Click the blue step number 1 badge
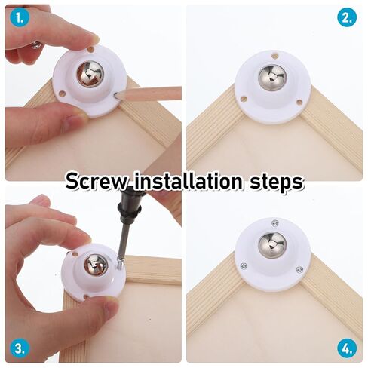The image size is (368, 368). [20, 17]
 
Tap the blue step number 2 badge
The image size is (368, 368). [347, 17]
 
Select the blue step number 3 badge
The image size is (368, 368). [20, 348]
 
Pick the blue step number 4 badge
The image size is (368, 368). [347, 348]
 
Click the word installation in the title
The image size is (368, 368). [189, 180]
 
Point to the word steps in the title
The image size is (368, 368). [277, 182]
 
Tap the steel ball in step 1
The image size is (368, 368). [90, 74]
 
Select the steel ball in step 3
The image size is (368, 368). [96, 266]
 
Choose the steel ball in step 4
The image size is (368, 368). [272, 245]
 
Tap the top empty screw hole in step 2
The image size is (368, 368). [275, 55]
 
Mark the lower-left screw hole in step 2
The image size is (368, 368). [244, 98]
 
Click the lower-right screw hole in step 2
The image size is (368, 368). [299, 103]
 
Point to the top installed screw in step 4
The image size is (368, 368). [275, 223]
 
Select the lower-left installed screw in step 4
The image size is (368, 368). [244, 265]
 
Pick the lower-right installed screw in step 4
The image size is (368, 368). [299, 270]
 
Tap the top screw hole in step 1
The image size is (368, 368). [91, 50]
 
